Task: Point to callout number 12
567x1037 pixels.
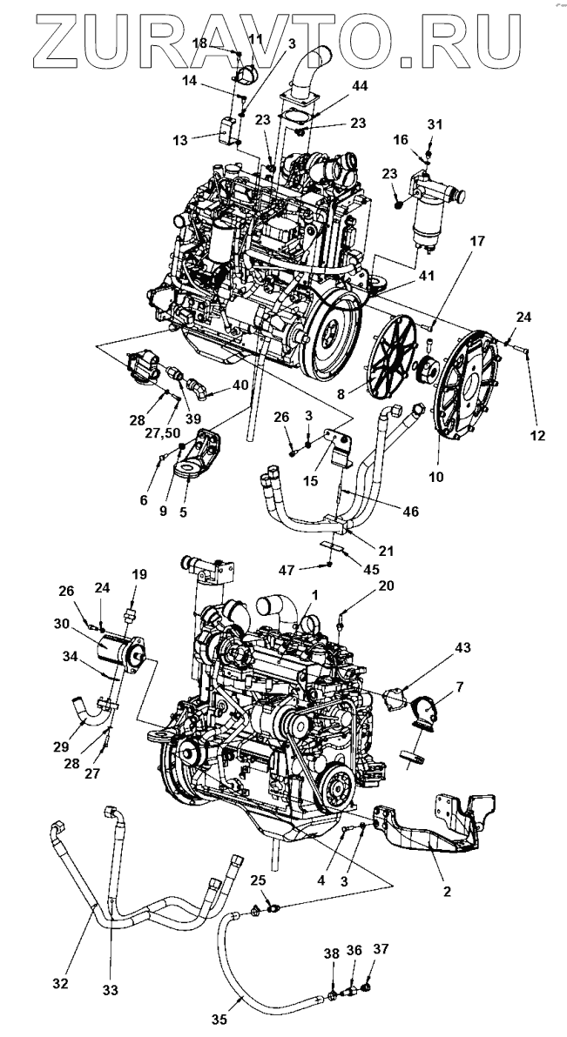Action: pos(538,436)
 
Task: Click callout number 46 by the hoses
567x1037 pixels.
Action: pos(410,512)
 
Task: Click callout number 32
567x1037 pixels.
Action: pos(59,983)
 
